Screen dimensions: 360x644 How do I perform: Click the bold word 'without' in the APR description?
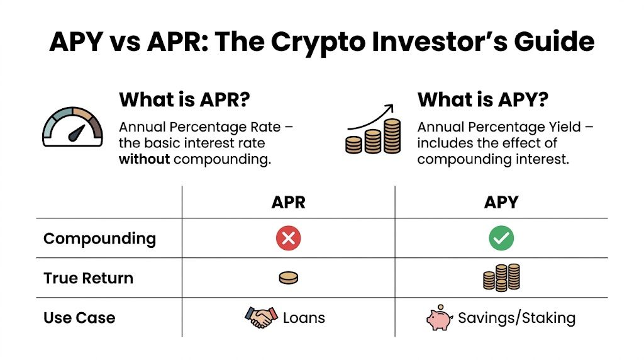144,159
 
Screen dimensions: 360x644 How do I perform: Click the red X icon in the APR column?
288,238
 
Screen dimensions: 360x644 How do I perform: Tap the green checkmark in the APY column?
501,238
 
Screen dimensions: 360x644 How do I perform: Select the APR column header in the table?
288,202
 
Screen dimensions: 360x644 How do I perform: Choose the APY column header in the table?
501,202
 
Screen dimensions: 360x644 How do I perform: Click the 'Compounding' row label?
99,239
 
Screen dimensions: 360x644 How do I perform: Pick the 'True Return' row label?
88,278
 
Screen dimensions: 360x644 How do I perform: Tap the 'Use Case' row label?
79,318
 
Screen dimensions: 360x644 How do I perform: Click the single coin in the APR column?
288,278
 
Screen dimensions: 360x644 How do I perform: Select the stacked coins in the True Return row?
501,277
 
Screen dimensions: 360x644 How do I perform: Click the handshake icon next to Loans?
260,318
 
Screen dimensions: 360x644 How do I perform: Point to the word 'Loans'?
304,318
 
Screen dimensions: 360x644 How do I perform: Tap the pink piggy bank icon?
440,318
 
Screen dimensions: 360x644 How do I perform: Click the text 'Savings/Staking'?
516,318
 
